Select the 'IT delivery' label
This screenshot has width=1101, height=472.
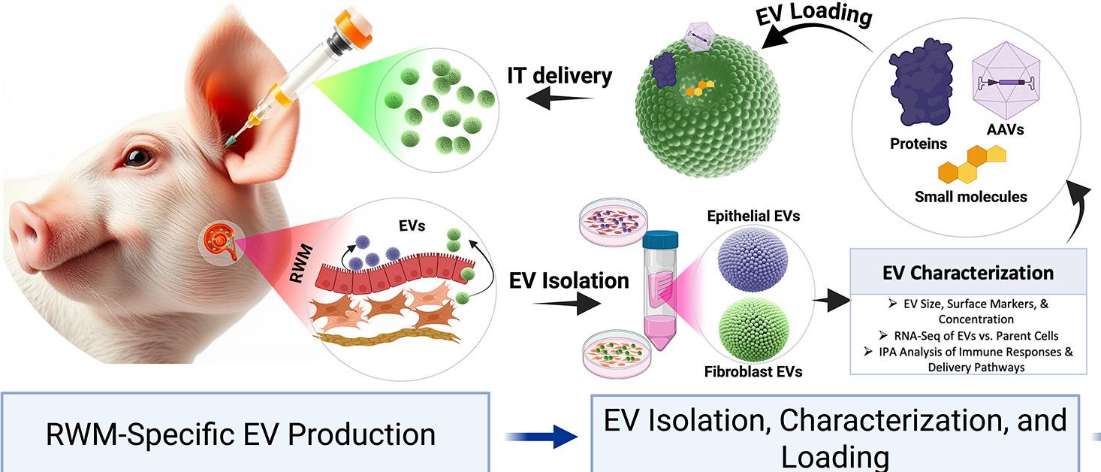(x=560, y=76)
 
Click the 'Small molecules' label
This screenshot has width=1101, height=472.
(x=970, y=197)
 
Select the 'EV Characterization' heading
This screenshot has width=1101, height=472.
(x=968, y=272)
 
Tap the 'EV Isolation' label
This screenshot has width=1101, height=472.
(x=569, y=280)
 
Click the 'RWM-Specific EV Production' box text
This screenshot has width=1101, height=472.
(x=240, y=434)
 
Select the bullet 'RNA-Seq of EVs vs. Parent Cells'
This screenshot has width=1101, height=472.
(x=968, y=335)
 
